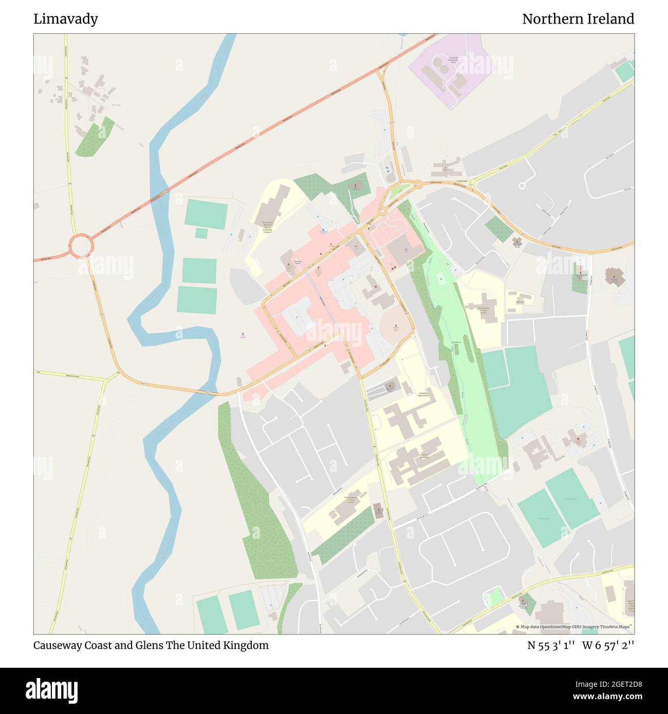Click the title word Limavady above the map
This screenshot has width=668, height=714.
(66, 19)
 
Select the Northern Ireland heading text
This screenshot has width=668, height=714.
(578, 19)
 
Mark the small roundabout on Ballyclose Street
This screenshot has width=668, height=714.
(382, 211)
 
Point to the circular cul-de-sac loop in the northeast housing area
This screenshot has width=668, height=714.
(522, 185)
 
